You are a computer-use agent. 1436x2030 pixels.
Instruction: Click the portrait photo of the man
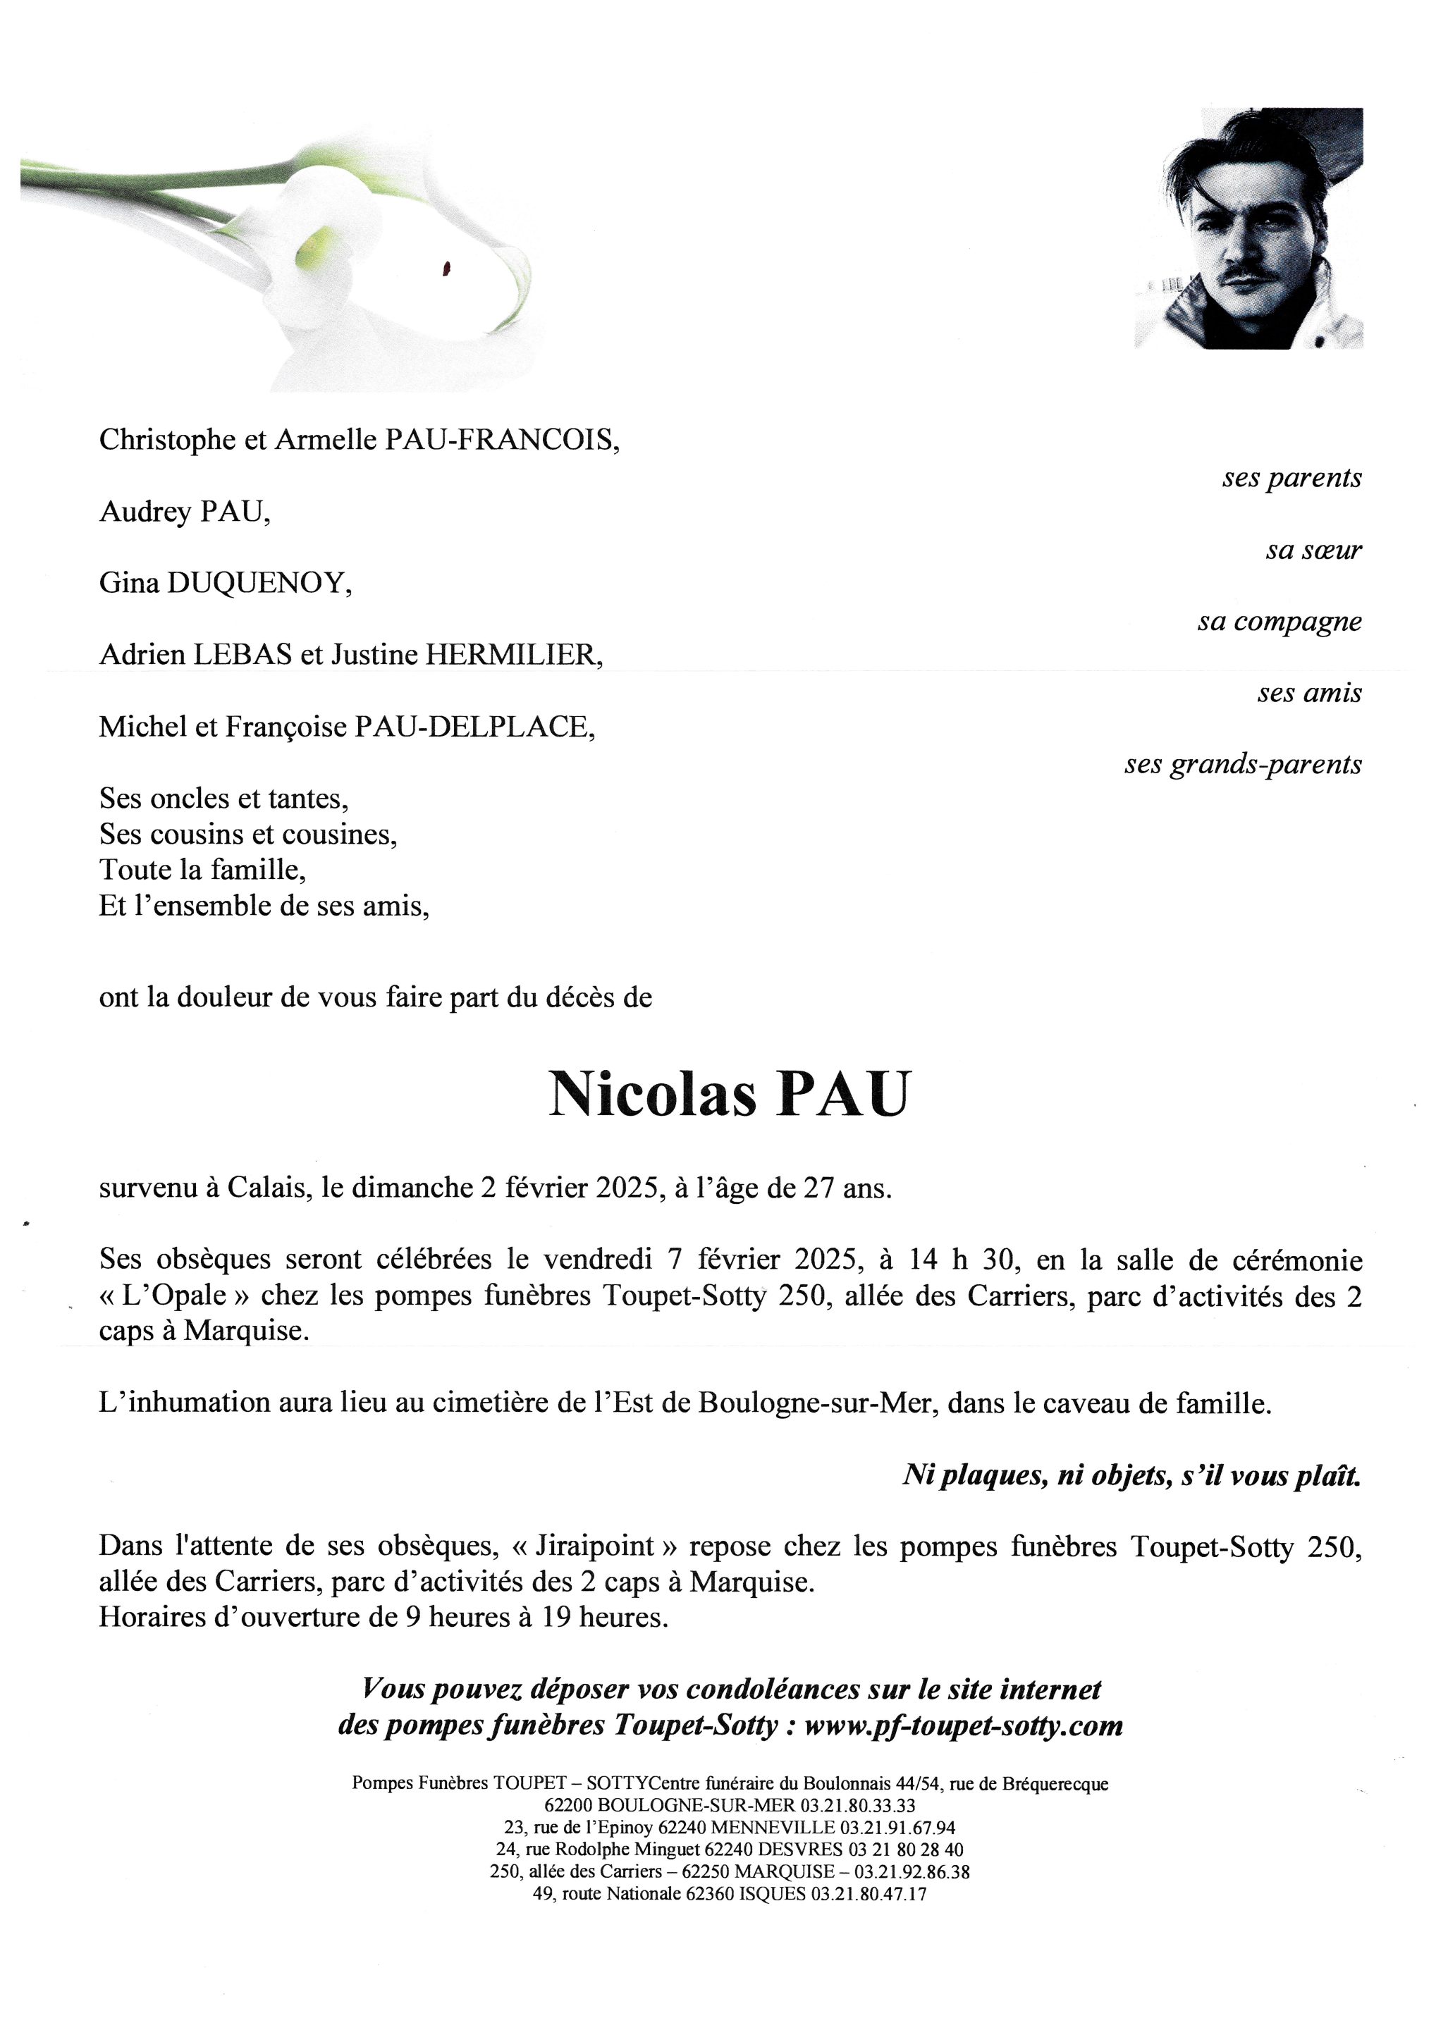tap(1248, 228)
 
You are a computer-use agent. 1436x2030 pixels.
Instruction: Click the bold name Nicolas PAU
tap(729, 1095)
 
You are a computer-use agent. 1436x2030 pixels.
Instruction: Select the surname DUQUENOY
tap(254, 584)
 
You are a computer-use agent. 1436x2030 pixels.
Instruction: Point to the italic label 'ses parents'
tap(1291, 479)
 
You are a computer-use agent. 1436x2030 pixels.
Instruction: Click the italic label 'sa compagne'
tap(1279, 622)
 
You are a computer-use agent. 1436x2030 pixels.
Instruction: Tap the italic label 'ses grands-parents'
tap(1242, 765)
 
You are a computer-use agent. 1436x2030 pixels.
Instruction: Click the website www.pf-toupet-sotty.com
tap(963, 1725)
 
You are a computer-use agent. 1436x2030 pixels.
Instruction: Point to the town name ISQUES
tap(772, 1894)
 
